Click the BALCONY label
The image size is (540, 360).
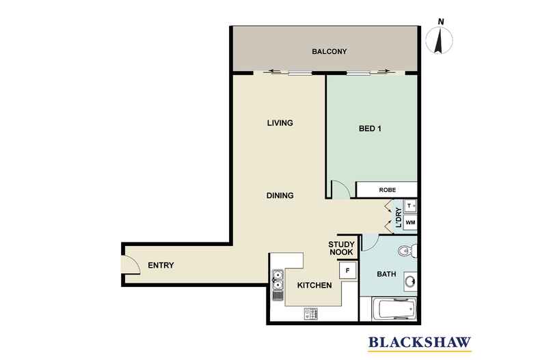(x=329, y=52)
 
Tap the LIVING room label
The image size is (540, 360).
(x=280, y=123)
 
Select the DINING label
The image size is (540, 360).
(x=280, y=195)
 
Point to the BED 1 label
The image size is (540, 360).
(x=370, y=128)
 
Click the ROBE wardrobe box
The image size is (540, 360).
(x=387, y=190)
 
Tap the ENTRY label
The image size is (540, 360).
(x=161, y=265)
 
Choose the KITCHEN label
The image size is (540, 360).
(x=314, y=286)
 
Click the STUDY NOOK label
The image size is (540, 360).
(x=341, y=249)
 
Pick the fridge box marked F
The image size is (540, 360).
(x=347, y=271)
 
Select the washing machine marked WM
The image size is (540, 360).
(x=410, y=223)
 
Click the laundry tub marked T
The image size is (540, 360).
(x=410, y=206)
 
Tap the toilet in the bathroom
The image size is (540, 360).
(x=408, y=251)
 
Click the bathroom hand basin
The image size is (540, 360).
(x=411, y=282)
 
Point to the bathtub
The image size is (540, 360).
(x=394, y=309)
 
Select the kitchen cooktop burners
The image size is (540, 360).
(x=311, y=314)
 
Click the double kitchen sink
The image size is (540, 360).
(x=278, y=280)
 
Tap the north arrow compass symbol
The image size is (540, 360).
(x=440, y=40)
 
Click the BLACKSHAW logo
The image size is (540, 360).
(x=420, y=344)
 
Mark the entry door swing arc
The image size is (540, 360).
(x=134, y=263)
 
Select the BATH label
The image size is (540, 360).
(x=386, y=275)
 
